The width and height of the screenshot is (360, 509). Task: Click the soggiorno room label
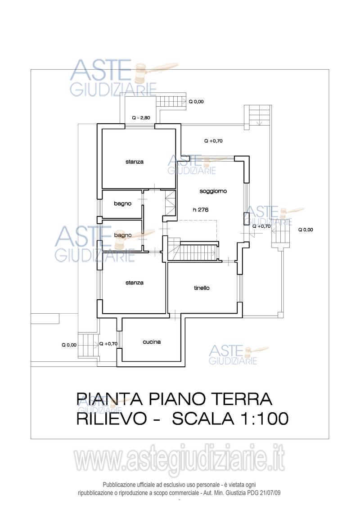click(213, 191)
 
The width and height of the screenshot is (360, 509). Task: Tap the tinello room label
click(202, 288)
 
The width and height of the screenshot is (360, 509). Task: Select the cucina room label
click(152, 342)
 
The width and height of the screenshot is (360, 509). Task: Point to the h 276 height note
click(200, 209)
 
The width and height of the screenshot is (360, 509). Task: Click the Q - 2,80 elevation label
click(141, 118)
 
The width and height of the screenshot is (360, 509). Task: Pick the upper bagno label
click(122, 204)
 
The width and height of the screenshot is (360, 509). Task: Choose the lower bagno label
click(122, 235)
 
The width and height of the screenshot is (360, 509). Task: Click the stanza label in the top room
click(135, 162)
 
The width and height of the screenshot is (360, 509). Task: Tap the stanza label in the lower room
click(135, 283)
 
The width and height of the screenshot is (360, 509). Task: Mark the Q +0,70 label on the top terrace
click(213, 141)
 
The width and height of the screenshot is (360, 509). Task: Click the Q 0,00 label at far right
click(306, 230)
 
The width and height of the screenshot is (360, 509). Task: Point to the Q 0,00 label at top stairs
click(196, 102)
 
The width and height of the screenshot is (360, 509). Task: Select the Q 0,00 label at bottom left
click(69, 345)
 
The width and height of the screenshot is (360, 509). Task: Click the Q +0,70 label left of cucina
click(108, 344)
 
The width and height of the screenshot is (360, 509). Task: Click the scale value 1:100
click(261, 419)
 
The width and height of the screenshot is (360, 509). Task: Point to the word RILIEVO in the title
click(112, 419)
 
